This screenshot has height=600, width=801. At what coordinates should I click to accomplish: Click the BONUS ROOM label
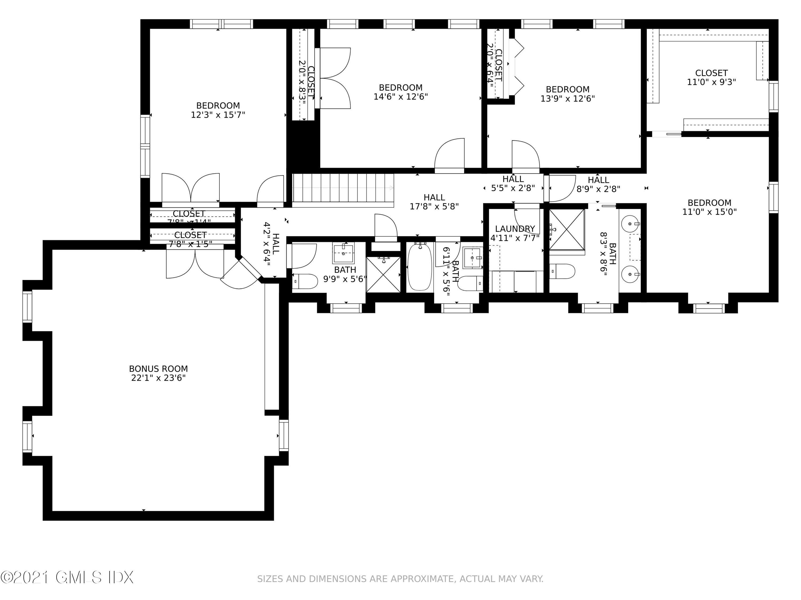point(158,369)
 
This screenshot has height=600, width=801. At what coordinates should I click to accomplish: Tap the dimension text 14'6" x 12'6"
point(400,97)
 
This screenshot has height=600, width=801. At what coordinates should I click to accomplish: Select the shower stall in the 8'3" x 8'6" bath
point(567,229)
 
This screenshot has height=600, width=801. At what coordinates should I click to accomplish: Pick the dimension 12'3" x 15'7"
point(218,115)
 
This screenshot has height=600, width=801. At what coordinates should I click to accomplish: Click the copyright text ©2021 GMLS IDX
point(67,577)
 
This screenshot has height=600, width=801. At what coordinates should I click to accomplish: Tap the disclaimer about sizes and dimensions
point(400,579)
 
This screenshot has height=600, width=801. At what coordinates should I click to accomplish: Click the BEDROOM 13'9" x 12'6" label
point(567,94)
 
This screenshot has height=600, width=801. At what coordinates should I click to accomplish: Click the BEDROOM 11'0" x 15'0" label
point(709,207)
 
